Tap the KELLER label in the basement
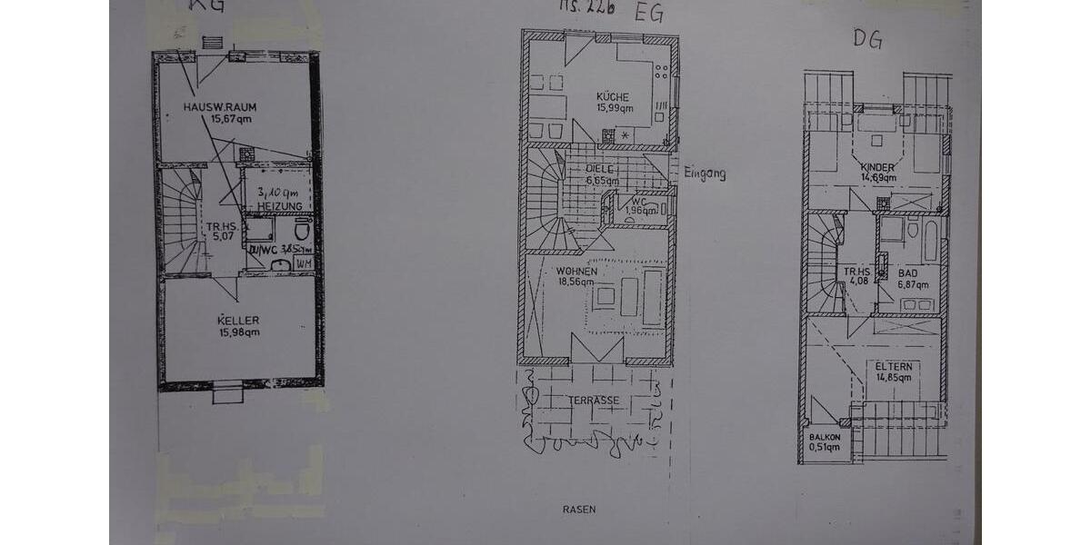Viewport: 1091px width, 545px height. coord(238,320)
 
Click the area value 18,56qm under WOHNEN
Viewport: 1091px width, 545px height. coord(576,282)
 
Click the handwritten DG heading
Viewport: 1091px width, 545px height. coord(867,39)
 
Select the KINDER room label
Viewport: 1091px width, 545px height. coord(877,168)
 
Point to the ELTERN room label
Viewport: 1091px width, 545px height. coord(894,366)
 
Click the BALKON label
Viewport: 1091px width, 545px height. coord(825,437)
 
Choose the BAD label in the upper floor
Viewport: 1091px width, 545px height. coord(907,272)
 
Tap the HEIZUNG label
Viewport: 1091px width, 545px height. coord(279,208)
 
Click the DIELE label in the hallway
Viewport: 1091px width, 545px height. coord(600,169)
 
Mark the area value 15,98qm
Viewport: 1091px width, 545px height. coord(239,332)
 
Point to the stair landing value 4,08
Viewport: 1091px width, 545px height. coord(857,281)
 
